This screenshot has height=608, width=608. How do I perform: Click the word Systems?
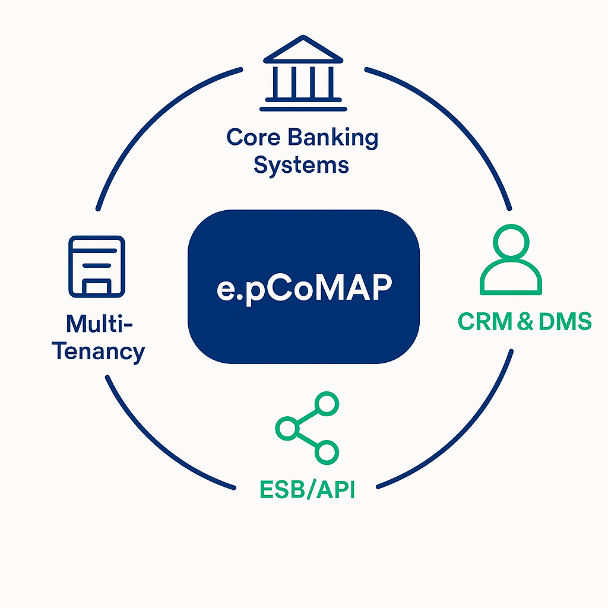301,166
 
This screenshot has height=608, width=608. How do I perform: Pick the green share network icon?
308,427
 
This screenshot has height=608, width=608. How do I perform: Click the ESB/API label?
307,490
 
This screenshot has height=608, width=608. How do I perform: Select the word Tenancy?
99,351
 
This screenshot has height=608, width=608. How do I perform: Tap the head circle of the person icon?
511,244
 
